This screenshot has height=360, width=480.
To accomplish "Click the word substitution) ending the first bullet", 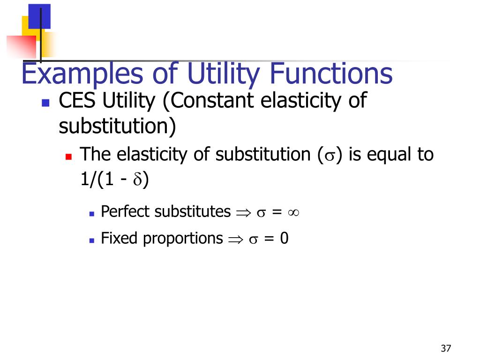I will click(x=117, y=127).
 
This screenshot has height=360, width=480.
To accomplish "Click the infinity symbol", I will click(x=293, y=212).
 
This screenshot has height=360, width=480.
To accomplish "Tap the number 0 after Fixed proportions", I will click(x=284, y=239).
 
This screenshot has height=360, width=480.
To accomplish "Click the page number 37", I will click(x=445, y=348).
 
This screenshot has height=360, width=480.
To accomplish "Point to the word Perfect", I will click(x=126, y=212).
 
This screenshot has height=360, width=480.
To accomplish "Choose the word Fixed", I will click(x=120, y=239).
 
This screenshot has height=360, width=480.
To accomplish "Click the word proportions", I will click(x=182, y=239).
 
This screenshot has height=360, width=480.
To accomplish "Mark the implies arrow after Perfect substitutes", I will click(x=243, y=213).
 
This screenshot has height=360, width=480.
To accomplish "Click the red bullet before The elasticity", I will click(x=68, y=156).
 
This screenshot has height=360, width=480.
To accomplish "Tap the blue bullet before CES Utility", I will click(x=45, y=103).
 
